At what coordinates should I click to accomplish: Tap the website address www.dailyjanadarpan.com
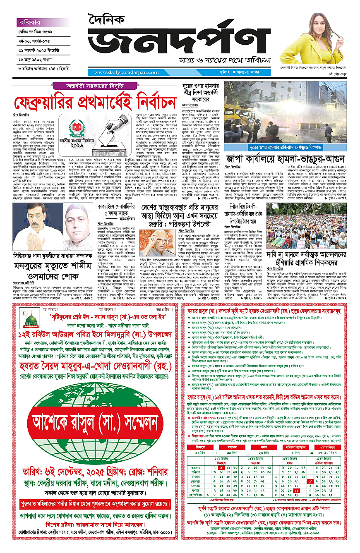[x=123, y=73]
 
